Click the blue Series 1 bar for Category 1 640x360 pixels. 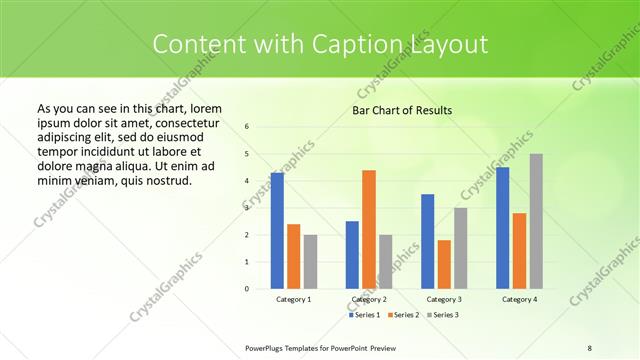pyautogui.click(x=277, y=231)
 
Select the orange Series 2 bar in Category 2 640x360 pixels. pyautogui.click(x=369, y=229)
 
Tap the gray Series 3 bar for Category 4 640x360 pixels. pyautogui.click(x=536, y=221)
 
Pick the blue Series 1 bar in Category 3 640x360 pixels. pyautogui.click(x=428, y=241)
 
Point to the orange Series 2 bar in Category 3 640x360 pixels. pyautogui.click(x=444, y=264)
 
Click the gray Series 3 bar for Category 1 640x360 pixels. pyautogui.click(x=310, y=261)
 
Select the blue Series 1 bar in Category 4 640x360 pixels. pyautogui.click(x=502, y=228)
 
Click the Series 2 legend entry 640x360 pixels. pyautogui.click(x=403, y=315)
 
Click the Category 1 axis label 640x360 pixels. pyautogui.click(x=293, y=299)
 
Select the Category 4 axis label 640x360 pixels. pyautogui.click(x=519, y=299)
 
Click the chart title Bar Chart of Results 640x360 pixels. pyautogui.click(x=402, y=110)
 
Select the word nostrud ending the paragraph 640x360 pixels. pyautogui.click(x=167, y=180)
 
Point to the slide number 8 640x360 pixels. pyautogui.click(x=590, y=347)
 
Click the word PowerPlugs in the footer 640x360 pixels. pyautogui.click(x=264, y=347)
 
